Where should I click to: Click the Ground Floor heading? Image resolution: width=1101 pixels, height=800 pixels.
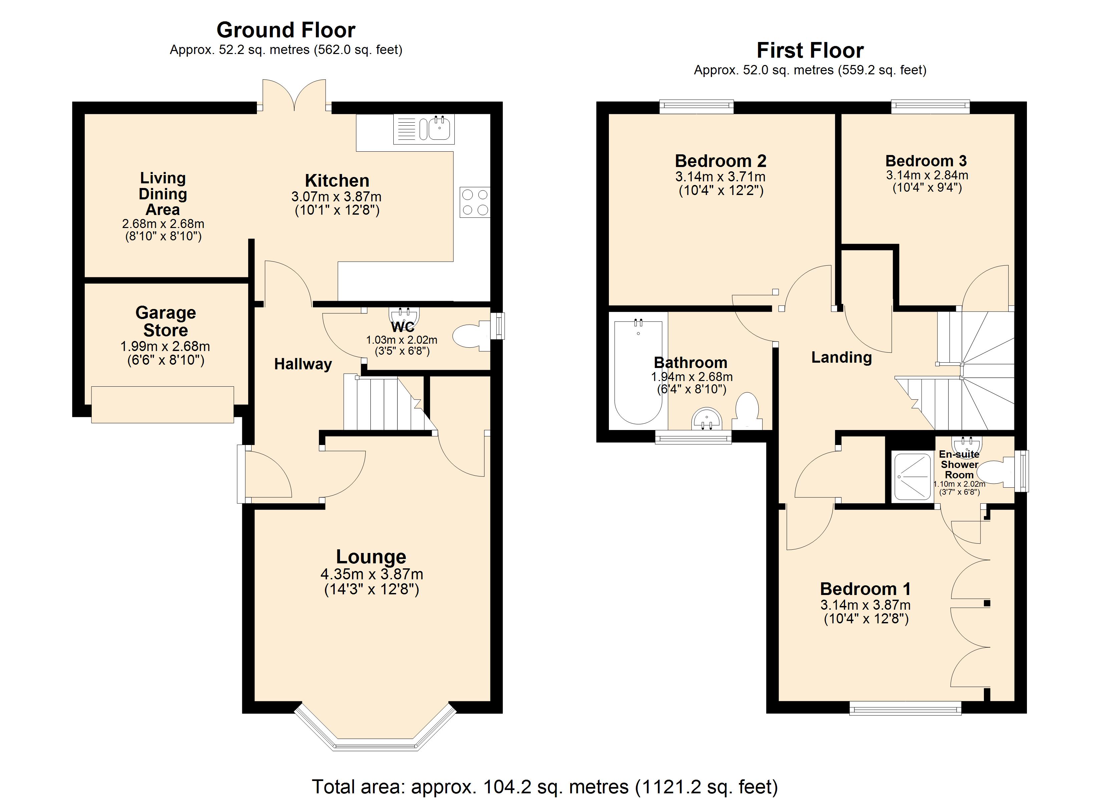[286, 30]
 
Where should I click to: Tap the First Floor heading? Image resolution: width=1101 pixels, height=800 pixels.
[810, 50]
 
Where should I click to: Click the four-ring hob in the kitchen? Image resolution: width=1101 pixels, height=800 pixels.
[475, 202]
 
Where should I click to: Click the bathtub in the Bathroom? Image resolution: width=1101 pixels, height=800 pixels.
[638, 373]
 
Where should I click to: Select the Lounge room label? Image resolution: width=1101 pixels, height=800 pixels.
[371, 557]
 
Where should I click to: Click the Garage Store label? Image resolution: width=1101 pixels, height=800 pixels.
[165, 321]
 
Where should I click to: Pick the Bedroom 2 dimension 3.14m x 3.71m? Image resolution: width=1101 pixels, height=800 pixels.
[720, 177]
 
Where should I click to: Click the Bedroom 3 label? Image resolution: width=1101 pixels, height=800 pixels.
[926, 161]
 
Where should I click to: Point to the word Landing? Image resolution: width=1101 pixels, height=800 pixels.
[841, 358]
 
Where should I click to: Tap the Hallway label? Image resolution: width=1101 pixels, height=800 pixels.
[303, 364]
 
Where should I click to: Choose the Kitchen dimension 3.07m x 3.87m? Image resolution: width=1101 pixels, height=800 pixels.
[336, 196]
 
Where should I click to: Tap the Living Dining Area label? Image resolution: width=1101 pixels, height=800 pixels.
[162, 194]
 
